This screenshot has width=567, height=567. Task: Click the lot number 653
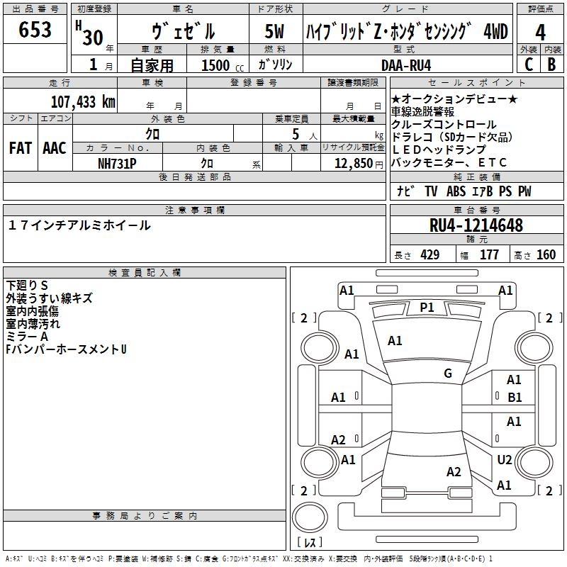35,29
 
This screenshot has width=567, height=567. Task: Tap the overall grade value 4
540,33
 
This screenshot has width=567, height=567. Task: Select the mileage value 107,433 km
83,102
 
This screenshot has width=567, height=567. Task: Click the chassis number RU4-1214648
476,225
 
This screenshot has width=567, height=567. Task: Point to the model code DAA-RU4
406,65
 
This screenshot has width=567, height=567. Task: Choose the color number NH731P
117,164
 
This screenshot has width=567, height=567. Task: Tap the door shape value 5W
274,31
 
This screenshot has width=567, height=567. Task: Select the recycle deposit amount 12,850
353,164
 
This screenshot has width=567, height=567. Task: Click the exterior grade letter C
529,64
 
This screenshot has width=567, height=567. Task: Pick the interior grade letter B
551,64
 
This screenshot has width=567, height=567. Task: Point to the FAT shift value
21,148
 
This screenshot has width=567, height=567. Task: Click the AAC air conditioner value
55,148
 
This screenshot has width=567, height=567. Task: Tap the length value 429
430,254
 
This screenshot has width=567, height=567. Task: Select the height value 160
546,254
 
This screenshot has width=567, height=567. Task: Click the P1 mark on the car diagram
427,308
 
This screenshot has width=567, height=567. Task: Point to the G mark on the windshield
448,374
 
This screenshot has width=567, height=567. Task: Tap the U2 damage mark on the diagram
505,459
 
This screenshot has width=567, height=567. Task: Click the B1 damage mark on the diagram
515,398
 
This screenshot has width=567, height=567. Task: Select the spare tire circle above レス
310,517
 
